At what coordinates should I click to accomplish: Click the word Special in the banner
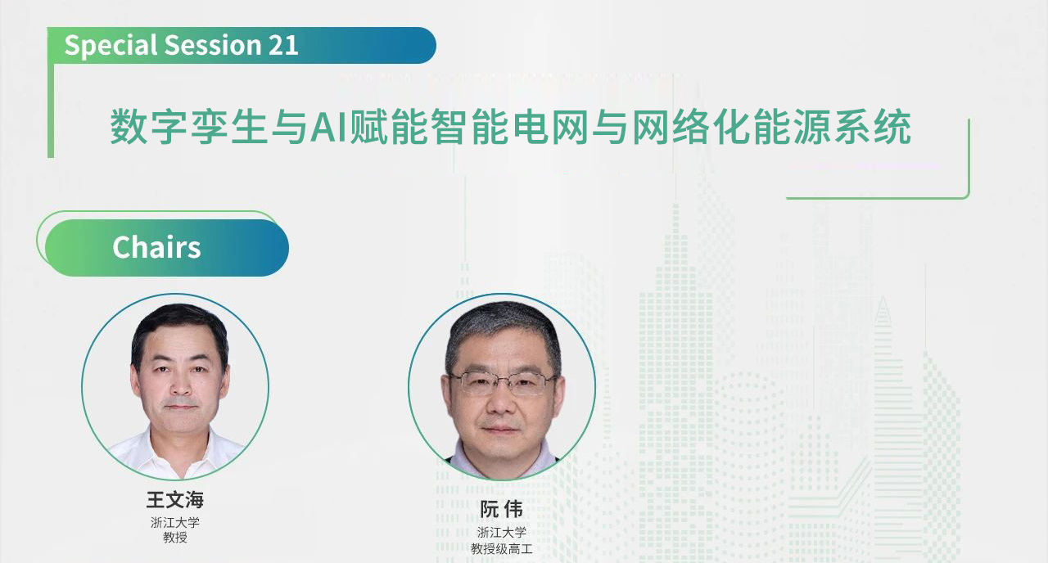coord(111,46)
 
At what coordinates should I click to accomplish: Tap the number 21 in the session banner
coord(283,45)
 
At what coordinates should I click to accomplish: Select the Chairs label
coord(156,247)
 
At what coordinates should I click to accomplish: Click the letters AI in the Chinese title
coord(328,127)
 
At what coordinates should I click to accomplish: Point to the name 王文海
coord(175,500)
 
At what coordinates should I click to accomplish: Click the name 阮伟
coord(501,509)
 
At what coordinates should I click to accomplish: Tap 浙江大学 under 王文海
coord(175,522)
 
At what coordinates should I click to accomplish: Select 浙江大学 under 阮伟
coord(502,532)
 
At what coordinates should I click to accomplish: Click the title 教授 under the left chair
coord(175,538)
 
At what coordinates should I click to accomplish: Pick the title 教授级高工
coord(502,548)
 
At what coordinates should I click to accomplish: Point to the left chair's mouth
coord(181,408)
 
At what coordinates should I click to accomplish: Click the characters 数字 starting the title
coord(150,127)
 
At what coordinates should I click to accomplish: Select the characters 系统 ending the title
coord(873,127)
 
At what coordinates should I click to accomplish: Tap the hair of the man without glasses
coord(180,327)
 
